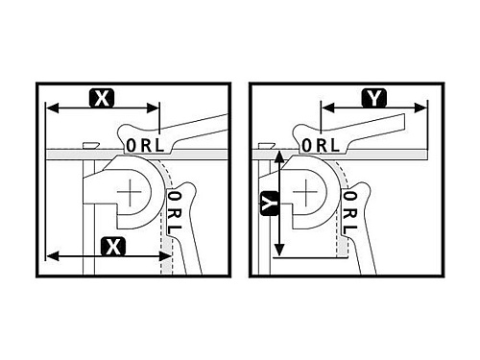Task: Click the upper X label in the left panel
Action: (x=102, y=98)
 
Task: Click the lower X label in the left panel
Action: (x=113, y=247)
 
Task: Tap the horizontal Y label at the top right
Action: (x=374, y=98)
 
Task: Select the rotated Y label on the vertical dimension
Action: (x=269, y=204)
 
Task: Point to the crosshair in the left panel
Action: (x=130, y=192)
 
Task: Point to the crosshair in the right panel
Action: (x=305, y=192)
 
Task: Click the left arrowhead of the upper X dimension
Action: (x=52, y=108)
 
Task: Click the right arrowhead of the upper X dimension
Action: (x=153, y=108)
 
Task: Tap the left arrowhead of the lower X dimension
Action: (x=52, y=256)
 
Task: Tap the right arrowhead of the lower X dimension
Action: (x=165, y=256)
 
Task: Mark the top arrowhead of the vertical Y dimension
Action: (x=279, y=156)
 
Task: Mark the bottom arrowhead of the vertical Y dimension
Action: (x=279, y=250)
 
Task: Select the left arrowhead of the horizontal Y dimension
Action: (x=328, y=108)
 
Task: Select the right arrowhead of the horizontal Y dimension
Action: (x=420, y=108)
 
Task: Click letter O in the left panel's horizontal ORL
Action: (x=132, y=146)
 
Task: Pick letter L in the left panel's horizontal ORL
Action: (x=159, y=146)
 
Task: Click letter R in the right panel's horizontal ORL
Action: (x=322, y=145)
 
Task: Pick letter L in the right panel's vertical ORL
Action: (x=349, y=229)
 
